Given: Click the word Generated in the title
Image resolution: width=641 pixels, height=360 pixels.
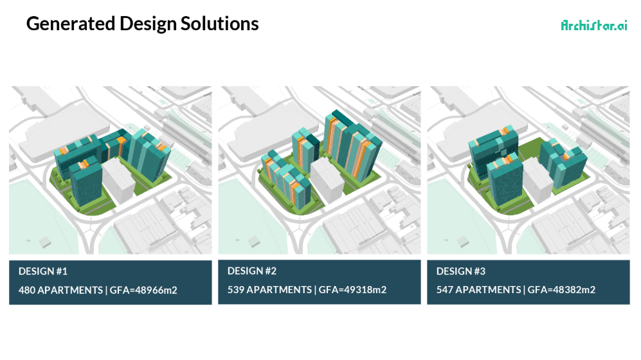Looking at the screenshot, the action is click(70, 24).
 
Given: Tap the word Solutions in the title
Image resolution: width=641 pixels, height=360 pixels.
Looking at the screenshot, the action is click(219, 24).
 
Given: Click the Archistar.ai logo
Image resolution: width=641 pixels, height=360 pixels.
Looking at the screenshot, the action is click(594, 25).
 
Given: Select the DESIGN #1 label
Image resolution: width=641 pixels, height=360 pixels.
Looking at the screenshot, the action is click(43, 271).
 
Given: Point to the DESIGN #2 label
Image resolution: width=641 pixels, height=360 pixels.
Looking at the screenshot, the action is click(252, 271).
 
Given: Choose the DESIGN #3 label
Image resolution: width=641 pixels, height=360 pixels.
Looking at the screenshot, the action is click(461, 271).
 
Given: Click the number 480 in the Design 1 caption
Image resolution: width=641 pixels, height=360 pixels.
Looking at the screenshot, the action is click(27, 290).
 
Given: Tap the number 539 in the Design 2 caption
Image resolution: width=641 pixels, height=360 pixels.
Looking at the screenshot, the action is click(236, 290).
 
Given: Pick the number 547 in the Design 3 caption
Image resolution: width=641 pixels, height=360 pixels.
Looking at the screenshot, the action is click(445, 290).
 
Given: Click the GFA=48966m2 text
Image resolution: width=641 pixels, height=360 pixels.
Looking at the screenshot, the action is click(143, 290).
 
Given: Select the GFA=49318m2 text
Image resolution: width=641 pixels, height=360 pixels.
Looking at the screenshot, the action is click(352, 290).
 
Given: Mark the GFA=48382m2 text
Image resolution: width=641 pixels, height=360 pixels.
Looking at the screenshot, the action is click(561, 290).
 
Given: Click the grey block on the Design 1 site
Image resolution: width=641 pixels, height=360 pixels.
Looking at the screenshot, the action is click(118, 180).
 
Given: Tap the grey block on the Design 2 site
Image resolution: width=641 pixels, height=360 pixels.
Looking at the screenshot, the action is click(327, 180).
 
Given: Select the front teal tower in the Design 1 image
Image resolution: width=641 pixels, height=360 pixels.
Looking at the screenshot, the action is click(86, 183).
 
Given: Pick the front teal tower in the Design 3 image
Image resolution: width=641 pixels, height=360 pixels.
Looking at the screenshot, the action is click(505, 180).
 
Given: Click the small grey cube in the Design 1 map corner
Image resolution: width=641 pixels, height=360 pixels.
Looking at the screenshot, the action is click(45, 242).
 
